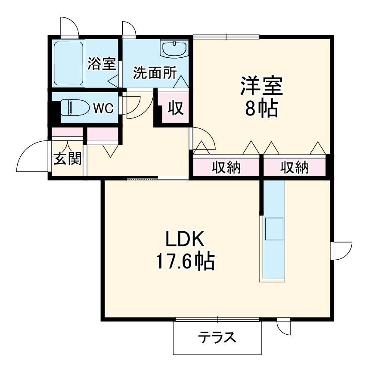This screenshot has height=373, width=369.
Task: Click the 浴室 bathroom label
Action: tap(102, 64)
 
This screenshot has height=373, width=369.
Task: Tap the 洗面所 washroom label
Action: tap(154, 73)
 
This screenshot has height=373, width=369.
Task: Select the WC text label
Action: tap(103, 109)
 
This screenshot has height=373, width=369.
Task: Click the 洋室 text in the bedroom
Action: tap(261, 86)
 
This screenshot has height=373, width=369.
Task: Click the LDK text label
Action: tap(185, 238)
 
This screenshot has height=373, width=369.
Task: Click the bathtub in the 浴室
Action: tap(68, 64)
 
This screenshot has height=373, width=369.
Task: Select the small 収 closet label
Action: tap(176, 108)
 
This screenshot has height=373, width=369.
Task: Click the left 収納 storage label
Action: tap(226, 167)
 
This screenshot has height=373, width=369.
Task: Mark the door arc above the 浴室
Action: tap(69, 27)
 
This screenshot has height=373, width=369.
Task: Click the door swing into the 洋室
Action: tap(201, 141)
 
